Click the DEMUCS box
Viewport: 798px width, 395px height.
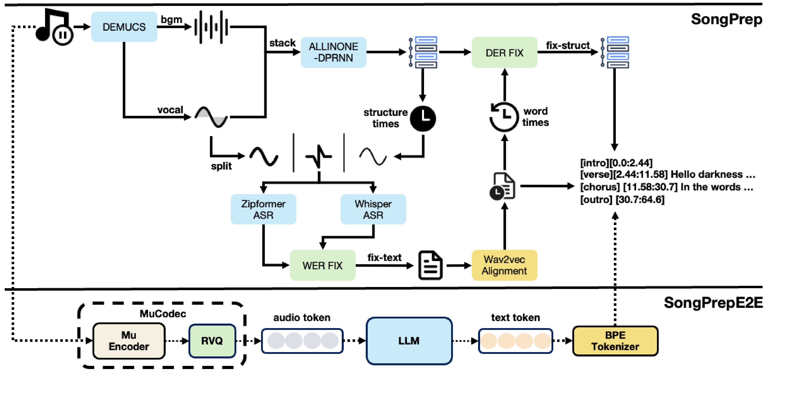pos(124,27)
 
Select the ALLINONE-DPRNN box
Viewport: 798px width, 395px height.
pos(333,52)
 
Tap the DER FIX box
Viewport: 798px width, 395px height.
pos(504,53)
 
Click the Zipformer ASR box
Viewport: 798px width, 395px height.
pos(263,209)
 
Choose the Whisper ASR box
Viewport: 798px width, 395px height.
pos(373,209)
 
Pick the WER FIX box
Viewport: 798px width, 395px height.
pos(322,266)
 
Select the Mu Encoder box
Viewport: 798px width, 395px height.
pos(129,341)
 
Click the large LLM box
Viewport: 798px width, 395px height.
pos(409,341)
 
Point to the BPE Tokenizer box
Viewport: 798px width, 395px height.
pos(615,341)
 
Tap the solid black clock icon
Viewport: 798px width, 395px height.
pos(423,118)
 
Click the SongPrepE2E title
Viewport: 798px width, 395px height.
pos(713,303)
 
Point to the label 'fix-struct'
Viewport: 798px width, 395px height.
pos(568,46)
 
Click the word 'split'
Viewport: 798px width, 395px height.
pos(221,166)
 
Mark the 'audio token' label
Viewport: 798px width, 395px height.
pos(302,317)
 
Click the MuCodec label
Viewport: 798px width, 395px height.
pos(163,314)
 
